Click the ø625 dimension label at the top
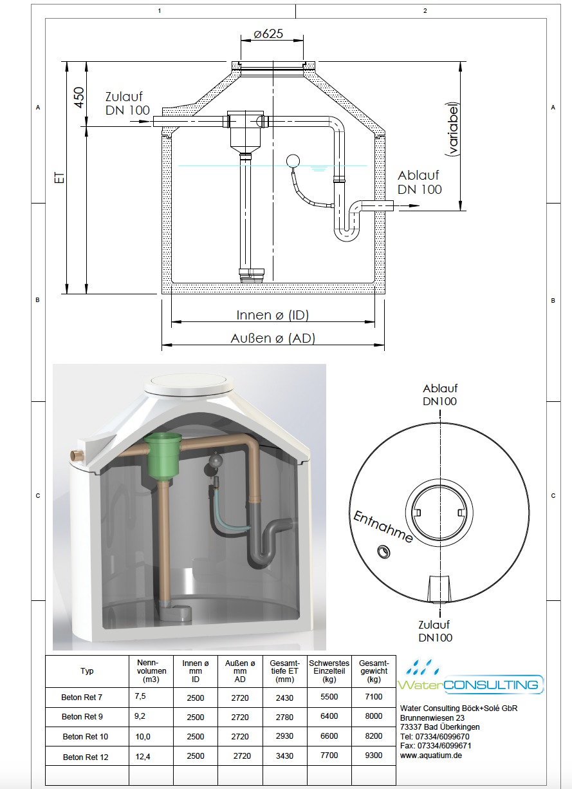pyautogui.click(x=268, y=33)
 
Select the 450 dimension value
pyautogui.click(x=79, y=97)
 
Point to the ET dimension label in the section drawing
pyautogui.click(x=60, y=177)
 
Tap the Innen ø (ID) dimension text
pyautogui.click(x=273, y=315)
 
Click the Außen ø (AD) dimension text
pyautogui.click(x=273, y=338)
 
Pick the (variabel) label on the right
pyautogui.click(x=452, y=129)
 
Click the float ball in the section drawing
pyautogui.click(x=293, y=161)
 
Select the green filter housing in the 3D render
pyautogui.click(x=163, y=453)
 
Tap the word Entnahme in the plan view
pyautogui.click(x=383, y=527)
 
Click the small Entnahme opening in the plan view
pyautogui.click(x=383, y=551)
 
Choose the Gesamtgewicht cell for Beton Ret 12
pyautogui.click(x=374, y=755)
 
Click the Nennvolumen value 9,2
pyautogui.click(x=140, y=716)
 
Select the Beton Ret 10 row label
pyautogui.click(x=86, y=737)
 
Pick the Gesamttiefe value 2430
pyautogui.click(x=284, y=698)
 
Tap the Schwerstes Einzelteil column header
pyautogui.click(x=329, y=671)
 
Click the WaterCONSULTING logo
pyautogui.click(x=471, y=678)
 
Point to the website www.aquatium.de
pyautogui.click(x=431, y=755)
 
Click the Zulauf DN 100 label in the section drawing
pyautogui.click(x=127, y=103)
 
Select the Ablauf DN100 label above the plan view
pyautogui.click(x=439, y=395)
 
